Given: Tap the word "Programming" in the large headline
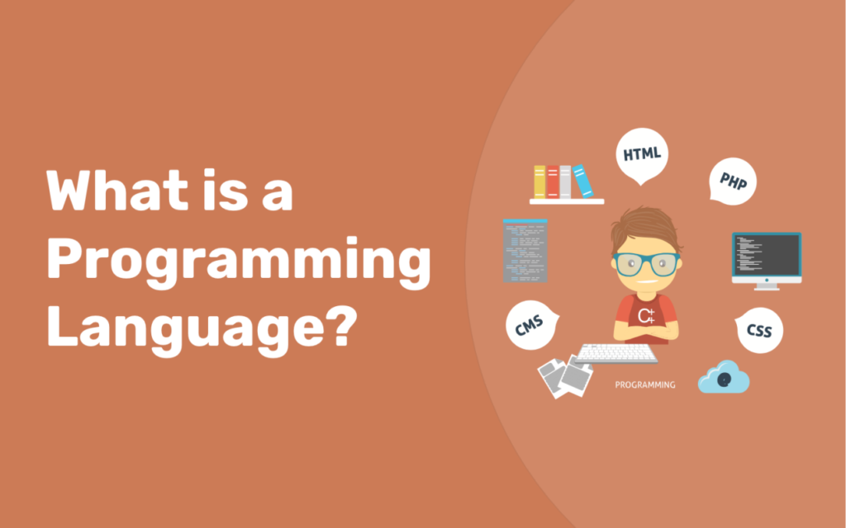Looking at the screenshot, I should coord(239,262).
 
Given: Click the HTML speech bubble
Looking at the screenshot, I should coord(641,154).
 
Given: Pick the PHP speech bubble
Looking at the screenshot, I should coord(733,180).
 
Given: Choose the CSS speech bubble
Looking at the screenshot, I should coord(758,330).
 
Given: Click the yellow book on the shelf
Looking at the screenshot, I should coord(539,181).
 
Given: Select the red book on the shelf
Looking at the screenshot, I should coord(552,181).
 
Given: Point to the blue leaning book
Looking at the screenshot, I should coord(583,181).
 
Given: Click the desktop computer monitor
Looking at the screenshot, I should coord(766,255).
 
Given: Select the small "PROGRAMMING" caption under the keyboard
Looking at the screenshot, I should coord(644,384).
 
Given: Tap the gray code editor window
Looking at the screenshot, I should coord(525,251).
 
